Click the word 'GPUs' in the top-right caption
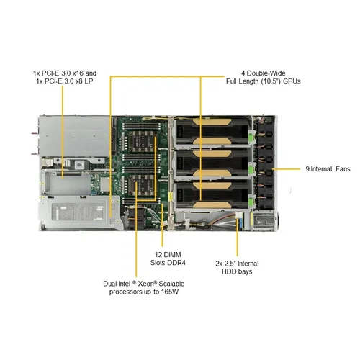(289, 81)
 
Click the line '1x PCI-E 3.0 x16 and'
(64, 73)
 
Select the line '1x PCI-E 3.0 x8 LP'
(64, 82)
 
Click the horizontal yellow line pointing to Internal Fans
(284, 169)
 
